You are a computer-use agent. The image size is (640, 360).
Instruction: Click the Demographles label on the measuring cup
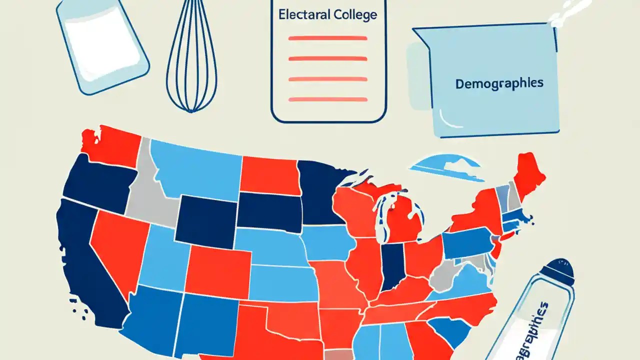pyautogui.click(x=498, y=83)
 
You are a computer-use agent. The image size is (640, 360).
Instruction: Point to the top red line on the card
pyautogui.click(x=328, y=38)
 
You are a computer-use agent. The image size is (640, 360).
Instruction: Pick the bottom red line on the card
pyautogui.click(x=328, y=99)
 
